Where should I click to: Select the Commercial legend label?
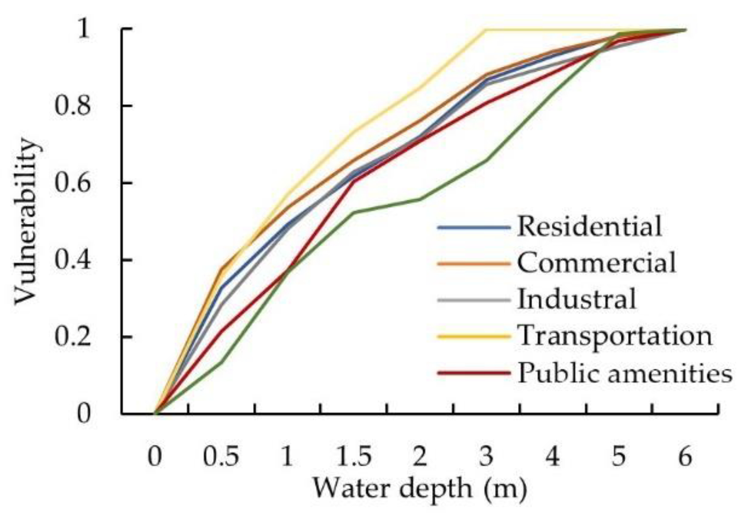(596, 262)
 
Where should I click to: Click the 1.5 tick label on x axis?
(353, 456)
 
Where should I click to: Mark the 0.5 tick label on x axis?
(221, 456)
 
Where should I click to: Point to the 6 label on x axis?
(685, 456)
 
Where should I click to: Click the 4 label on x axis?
(552, 456)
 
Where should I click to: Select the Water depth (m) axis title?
(420, 488)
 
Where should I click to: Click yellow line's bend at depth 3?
(486, 30)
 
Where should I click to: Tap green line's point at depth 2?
(420, 199)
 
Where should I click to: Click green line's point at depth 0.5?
(221, 362)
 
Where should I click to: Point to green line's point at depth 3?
(486, 160)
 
